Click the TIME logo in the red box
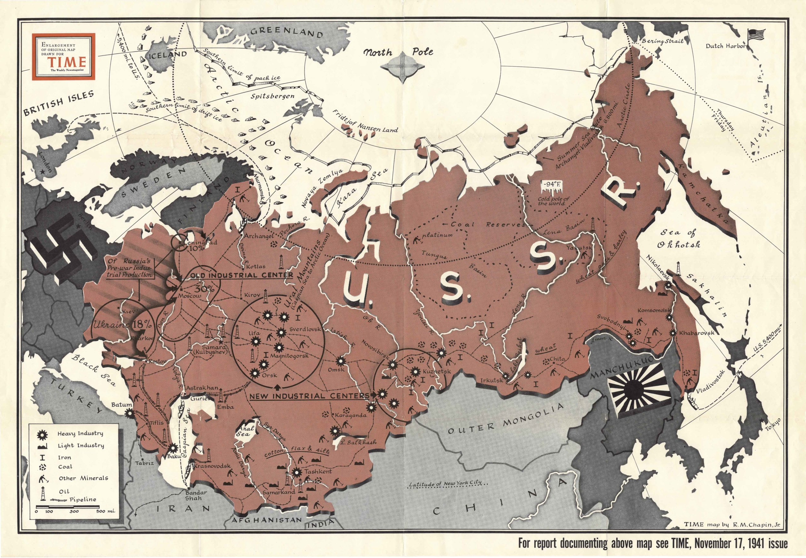pos(67,62)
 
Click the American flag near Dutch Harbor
pos(756,35)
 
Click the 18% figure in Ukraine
pos(142,324)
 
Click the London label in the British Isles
pos(46,162)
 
